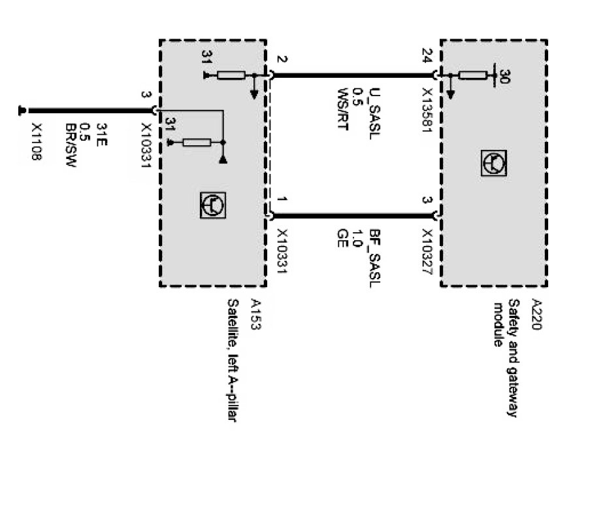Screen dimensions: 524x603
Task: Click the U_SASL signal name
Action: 374,103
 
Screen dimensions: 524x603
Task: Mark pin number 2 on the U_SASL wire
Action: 282,60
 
